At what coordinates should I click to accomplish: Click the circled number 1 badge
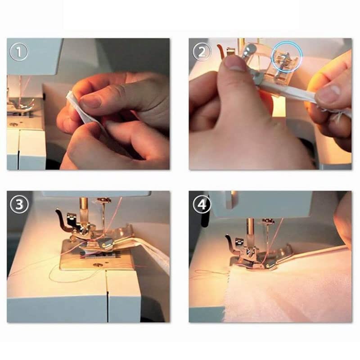tap(19, 52)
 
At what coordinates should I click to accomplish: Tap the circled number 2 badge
tap(202, 52)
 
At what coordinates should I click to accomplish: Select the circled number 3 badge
tap(19, 204)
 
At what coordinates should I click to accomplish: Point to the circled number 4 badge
tap(202, 204)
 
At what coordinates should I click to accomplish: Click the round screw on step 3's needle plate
tap(97, 265)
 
